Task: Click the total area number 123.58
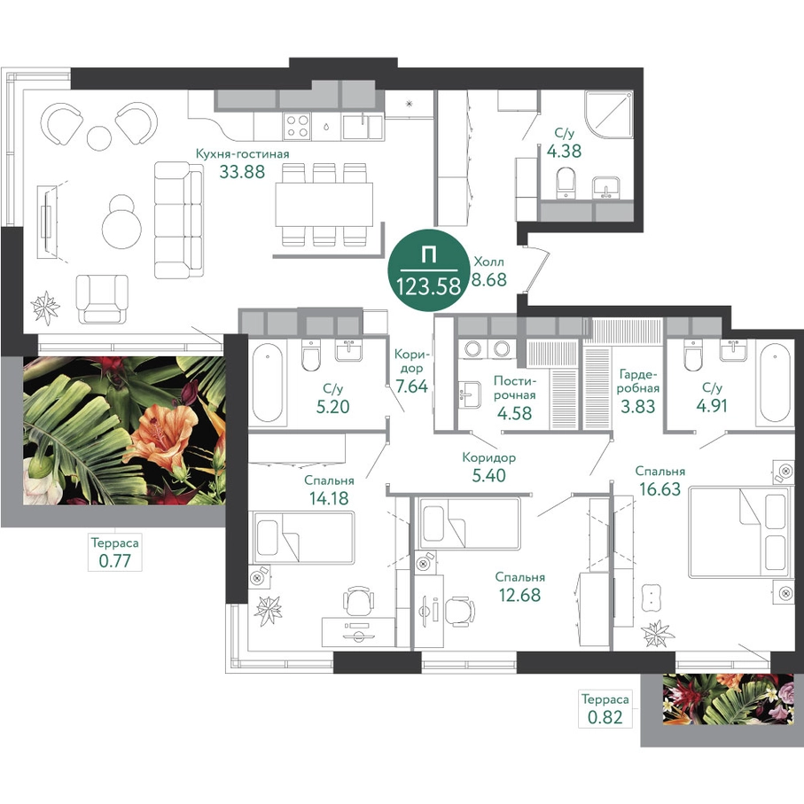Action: [x=428, y=286]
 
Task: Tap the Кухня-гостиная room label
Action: [x=243, y=154]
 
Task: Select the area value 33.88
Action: [x=242, y=171]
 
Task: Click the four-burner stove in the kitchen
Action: [x=297, y=126]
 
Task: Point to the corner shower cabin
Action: [x=609, y=116]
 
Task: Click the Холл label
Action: [x=488, y=262]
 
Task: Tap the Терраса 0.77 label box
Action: [x=114, y=551]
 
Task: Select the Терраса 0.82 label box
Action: [x=605, y=708]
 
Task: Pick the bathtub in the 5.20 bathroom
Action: [x=267, y=381]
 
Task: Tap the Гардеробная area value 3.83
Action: [x=638, y=407]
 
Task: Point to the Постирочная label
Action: [x=515, y=387]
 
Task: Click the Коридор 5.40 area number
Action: [x=488, y=475]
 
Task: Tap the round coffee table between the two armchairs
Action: [x=99, y=137]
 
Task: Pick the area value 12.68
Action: [x=519, y=595]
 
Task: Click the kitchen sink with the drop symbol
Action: [x=326, y=126]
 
